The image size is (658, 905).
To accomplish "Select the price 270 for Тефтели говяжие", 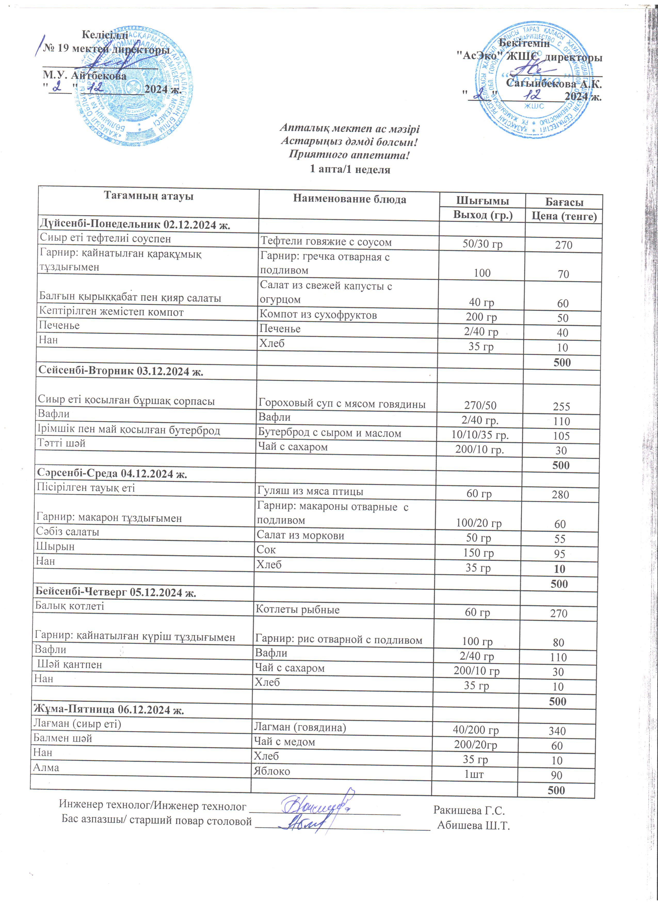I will tap(564, 245).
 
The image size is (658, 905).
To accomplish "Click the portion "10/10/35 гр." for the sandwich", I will tap(480, 435).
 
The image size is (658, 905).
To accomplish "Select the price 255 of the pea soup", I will tap(561, 407).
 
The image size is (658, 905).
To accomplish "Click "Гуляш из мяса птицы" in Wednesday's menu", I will tap(310, 492).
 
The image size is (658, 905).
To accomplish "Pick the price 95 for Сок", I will tap(559, 554).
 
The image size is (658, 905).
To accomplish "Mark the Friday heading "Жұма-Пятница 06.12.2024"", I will tap(109, 710).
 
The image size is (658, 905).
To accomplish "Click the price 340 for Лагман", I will tap(557, 731).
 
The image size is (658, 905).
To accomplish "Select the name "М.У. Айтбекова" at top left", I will tap(85, 75).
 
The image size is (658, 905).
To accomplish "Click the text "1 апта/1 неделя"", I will tap(350, 169).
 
